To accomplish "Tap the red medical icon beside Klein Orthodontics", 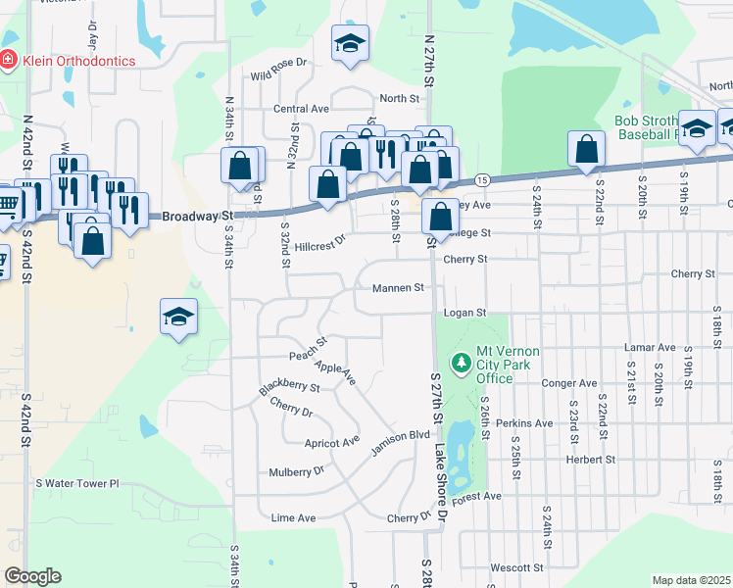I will click(9, 60).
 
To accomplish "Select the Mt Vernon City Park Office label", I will click(508, 365).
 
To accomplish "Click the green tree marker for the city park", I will click(462, 364).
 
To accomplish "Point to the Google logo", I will click(32, 576).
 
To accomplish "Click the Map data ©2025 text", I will click(690, 580).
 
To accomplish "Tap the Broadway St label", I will click(197, 216).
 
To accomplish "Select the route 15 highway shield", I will click(482, 180).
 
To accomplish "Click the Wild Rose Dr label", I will click(278, 75).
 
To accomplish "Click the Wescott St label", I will click(516, 567).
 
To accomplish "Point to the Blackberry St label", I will click(289, 388).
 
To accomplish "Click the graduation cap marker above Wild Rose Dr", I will click(350, 44).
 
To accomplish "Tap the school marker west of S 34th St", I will click(179, 317).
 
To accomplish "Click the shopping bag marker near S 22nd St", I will click(586, 150).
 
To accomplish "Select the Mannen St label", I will click(398, 288).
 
